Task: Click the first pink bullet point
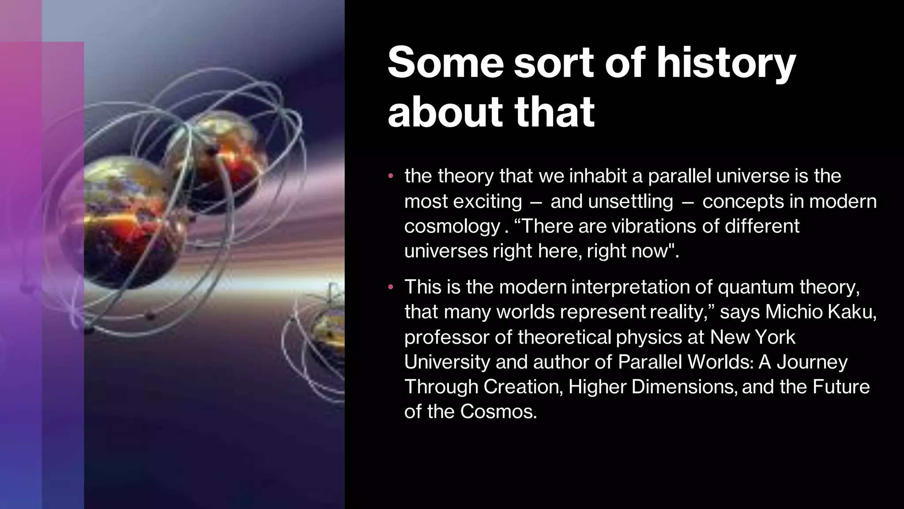[390, 177]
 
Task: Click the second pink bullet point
[390, 288]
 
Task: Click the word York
[775, 337]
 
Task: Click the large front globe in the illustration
[130, 221]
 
